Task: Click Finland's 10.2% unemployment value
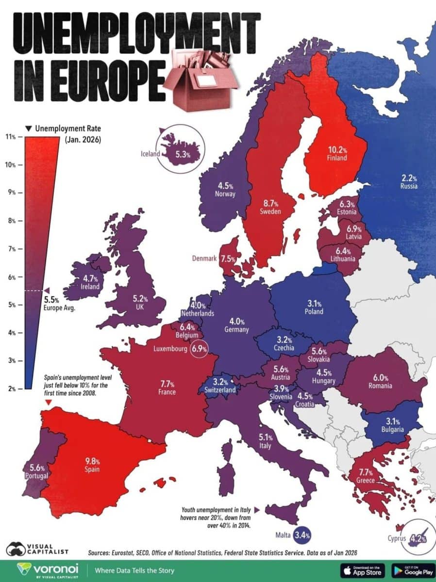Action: (336, 149)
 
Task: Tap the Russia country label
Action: (409, 186)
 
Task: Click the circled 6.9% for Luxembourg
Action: (199, 348)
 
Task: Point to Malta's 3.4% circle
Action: (301, 535)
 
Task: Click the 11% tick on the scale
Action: (11, 137)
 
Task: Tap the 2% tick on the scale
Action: (11, 388)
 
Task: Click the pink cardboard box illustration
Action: (200, 78)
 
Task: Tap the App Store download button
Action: (362, 570)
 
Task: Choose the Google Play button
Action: (411, 570)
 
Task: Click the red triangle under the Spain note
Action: (48, 403)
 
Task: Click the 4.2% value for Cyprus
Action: (416, 537)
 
